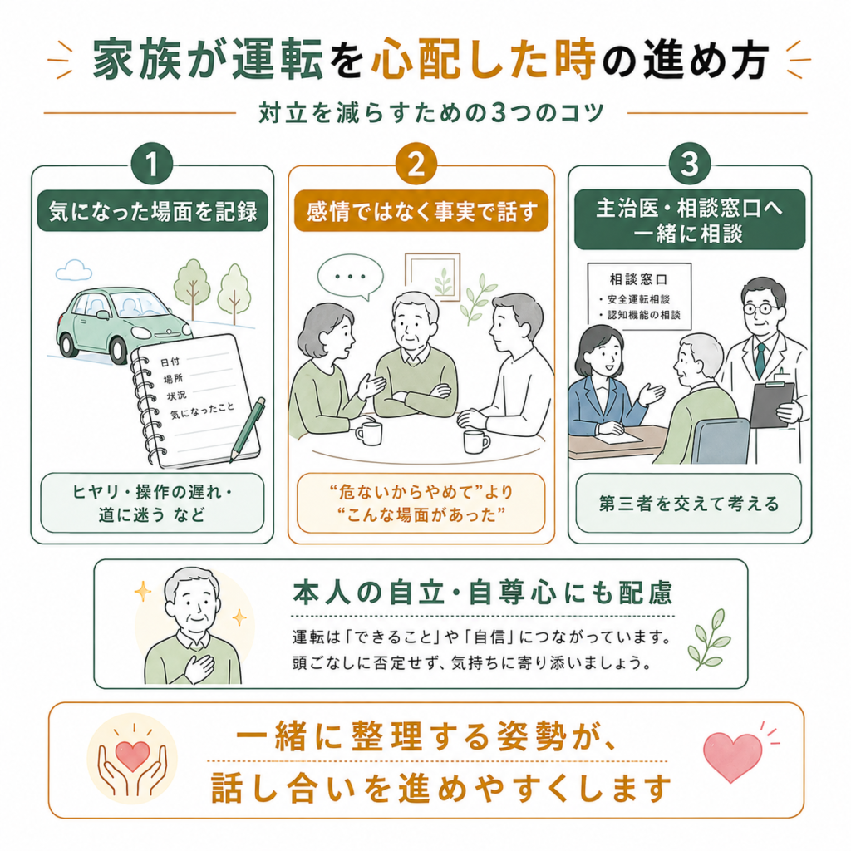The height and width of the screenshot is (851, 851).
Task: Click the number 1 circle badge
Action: (x=152, y=164)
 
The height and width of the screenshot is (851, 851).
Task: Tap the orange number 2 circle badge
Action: (x=416, y=164)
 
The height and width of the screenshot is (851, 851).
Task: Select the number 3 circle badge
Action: (x=690, y=164)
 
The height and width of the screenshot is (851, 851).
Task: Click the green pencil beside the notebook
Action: (x=248, y=430)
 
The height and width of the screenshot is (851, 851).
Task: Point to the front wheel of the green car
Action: (x=120, y=348)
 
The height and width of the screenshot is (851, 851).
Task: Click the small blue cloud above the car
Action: (x=73, y=270)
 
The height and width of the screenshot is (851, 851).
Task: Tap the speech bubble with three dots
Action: (x=351, y=278)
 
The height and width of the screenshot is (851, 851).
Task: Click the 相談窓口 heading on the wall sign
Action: (x=638, y=279)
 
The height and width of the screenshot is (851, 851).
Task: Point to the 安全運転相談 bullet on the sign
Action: (x=634, y=299)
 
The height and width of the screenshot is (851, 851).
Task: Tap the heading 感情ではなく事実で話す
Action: (x=421, y=211)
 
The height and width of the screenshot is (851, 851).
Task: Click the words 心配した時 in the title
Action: (x=484, y=59)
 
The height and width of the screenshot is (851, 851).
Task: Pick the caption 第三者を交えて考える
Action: (x=689, y=504)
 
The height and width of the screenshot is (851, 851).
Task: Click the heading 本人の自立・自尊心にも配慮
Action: (x=483, y=592)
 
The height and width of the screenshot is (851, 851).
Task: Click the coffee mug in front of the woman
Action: (x=369, y=433)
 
